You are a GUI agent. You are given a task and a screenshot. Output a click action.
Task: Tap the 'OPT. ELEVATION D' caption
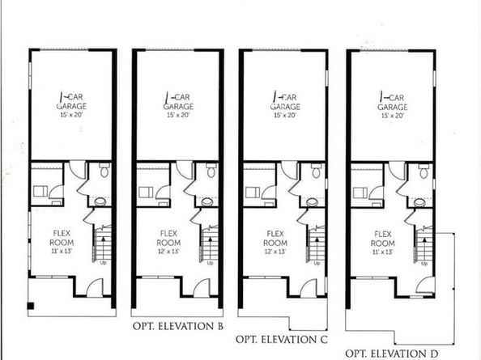point(391,353)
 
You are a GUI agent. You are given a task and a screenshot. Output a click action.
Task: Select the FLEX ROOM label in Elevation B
point(168,243)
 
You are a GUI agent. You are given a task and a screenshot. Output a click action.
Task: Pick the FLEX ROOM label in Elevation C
point(275,243)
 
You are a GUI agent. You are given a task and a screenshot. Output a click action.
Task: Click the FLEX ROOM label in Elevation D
point(382,243)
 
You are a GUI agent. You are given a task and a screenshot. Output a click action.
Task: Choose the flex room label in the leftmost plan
point(62,243)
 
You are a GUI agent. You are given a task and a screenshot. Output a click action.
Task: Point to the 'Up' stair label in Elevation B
point(210,264)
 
